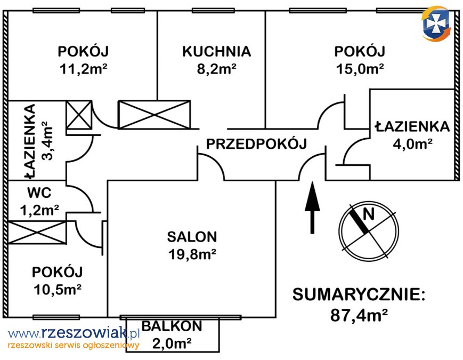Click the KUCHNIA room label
[216, 51]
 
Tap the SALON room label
[192, 237]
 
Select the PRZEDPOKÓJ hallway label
[256, 143]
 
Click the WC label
[39, 193]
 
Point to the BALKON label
[172, 326]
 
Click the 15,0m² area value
[360, 69]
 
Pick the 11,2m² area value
[83, 69]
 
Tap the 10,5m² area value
[58, 290]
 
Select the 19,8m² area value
[192, 254]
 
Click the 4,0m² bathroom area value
[412, 144]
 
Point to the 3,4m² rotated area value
[47, 141]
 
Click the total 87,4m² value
[359, 315]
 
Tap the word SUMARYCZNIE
[359, 294]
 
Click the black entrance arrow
[312, 207]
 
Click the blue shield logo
[436, 23]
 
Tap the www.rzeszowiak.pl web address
[74, 334]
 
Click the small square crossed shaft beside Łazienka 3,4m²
[79, 115]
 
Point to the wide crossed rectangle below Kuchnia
[154, 115]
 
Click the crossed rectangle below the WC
[37, 232]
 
